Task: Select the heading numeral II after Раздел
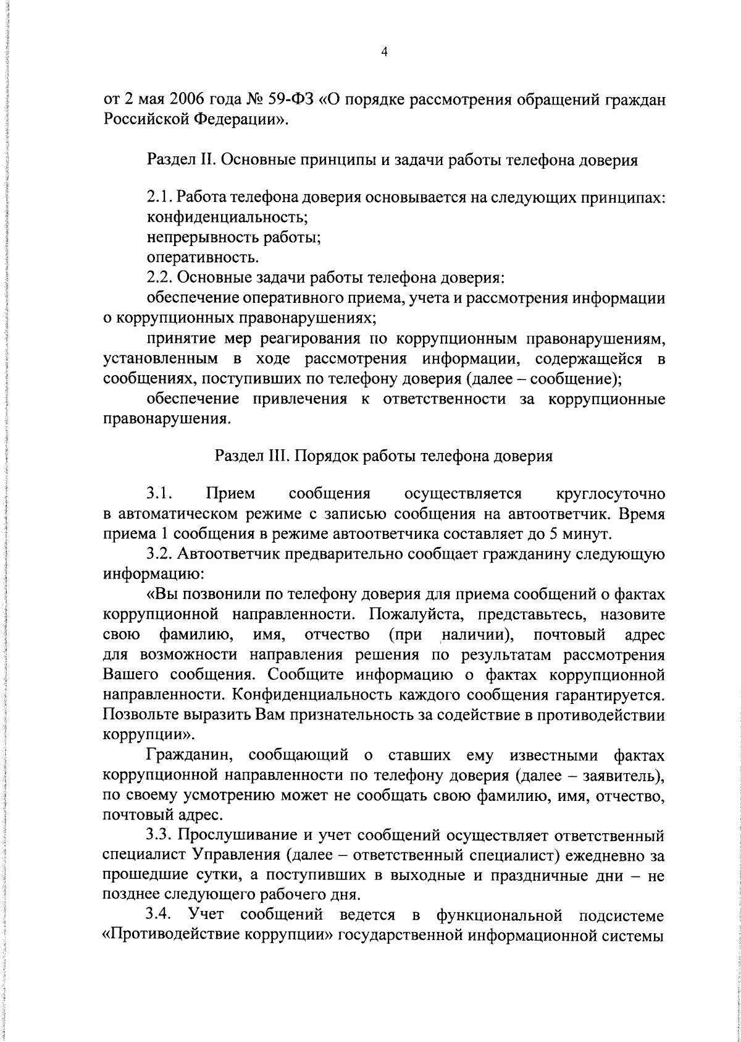click(x=206, y=160)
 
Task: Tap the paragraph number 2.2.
click(x=160, y=276)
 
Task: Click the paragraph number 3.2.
click(x=160, y=553)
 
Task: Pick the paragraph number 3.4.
click(x=160, y=914)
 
